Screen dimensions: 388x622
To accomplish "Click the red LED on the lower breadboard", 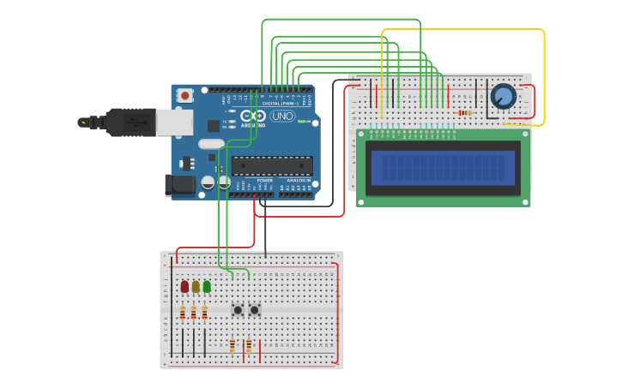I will tap(184, 286).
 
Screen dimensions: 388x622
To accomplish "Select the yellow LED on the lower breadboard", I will tap(196, 286).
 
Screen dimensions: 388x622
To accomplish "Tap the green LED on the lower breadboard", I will tap(207, 286).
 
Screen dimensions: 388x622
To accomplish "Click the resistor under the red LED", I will tap(182, 313).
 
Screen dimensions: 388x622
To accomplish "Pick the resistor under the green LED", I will tap(204, 313).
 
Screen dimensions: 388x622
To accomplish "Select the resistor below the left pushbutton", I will tap(232, 345).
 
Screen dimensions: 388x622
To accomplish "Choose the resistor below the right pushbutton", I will tap(249, 345).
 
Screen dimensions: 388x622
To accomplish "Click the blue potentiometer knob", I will tap(503, 97).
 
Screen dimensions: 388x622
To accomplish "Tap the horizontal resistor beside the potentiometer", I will tap(465, 113).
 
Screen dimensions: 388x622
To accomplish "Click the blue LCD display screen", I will tap(441, 168).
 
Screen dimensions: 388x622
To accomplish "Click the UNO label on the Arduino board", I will tap(282, 116).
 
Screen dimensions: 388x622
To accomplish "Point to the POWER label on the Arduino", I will tap(265, 181).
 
